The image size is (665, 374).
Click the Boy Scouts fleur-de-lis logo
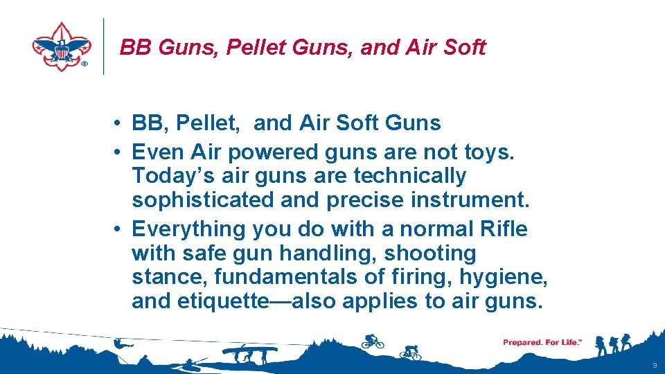[62, 46]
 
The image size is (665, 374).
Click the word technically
[410, 177]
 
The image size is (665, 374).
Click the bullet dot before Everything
[121, 229]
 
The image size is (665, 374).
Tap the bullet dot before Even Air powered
[121, 152]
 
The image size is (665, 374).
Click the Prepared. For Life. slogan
[542, 342]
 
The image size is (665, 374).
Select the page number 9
[655, 364]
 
